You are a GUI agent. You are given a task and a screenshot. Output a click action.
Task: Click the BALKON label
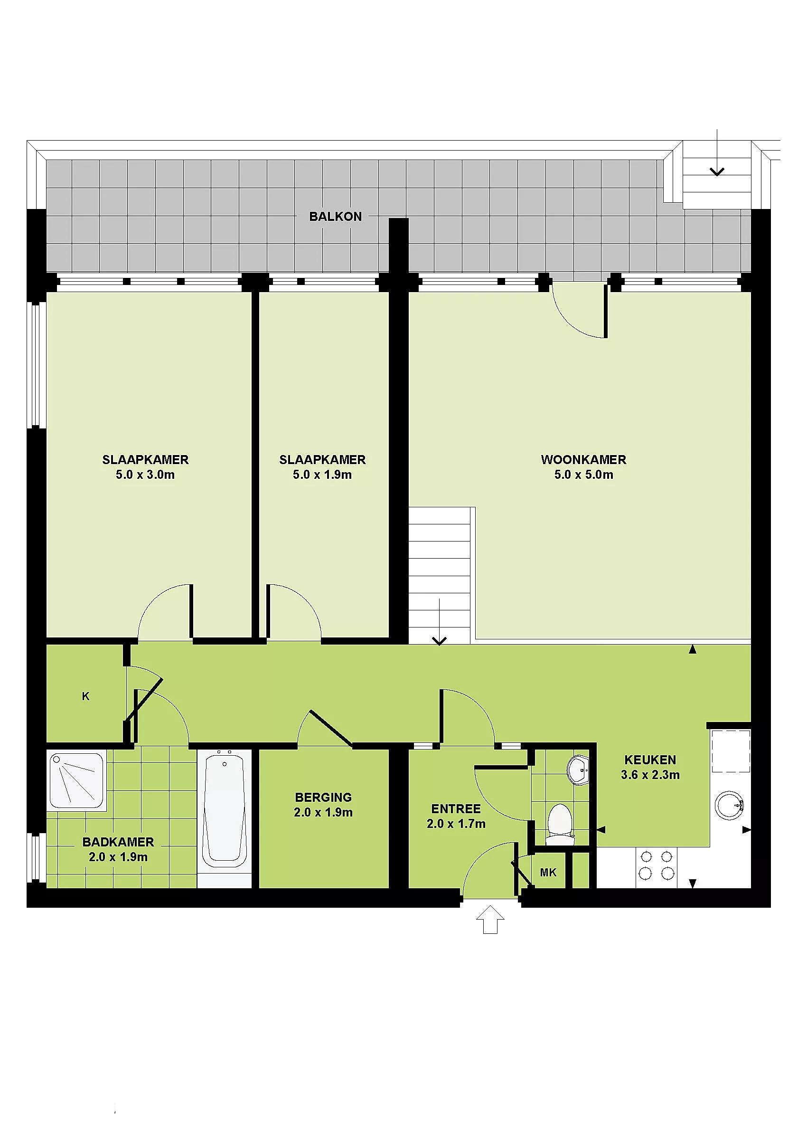[x=336, y=216]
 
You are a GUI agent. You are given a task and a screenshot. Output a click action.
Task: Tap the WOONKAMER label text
[x=583, y=459]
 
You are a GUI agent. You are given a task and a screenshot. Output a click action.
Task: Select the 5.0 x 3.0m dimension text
[x=145, y=475]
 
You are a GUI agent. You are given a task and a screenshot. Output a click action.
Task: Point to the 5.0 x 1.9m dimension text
[x=322, y=475]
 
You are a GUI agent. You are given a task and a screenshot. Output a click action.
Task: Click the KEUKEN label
[x=650, y=760]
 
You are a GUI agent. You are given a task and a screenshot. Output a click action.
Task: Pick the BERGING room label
[x=323, y=797]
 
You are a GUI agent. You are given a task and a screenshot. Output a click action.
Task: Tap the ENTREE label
[x=456, y=808]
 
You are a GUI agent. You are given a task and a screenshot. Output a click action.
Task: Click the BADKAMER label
[x=118, y=842]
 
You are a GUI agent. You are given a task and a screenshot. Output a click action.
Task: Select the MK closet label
[x=548, y=873]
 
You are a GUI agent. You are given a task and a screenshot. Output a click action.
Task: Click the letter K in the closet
[x=85, y=696]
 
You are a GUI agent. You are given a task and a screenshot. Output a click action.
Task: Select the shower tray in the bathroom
[x=76, y=780]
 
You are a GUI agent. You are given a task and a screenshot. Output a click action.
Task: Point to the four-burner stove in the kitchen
[x=656, y=866]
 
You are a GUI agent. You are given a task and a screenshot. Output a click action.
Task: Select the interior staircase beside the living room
[x=439, y=576]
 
